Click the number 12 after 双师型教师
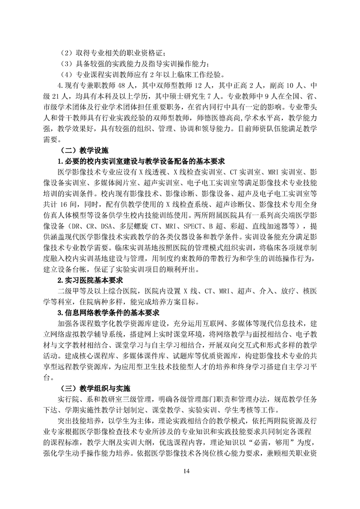[x=200, y=85]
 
